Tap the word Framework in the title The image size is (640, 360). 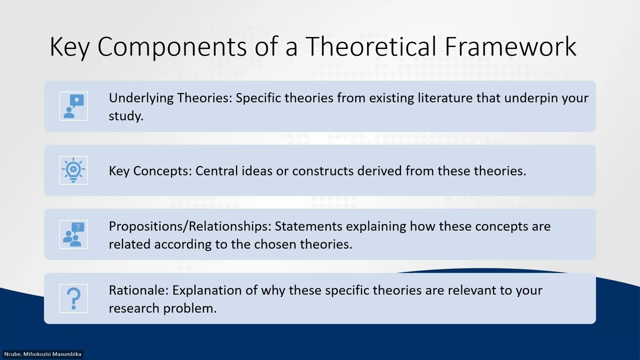(x=509, y=46)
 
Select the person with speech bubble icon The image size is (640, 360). (x=73, y=106)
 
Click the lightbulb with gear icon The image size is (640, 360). (x=73, y=170)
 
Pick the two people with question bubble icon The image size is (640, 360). (x=73, y=234)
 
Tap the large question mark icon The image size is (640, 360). (x=73, y=298)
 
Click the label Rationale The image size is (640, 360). (x=139, y=290)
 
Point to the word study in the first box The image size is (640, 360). (x=125, y=116)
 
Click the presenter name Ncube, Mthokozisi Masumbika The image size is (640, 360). (x=42, y=354)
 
